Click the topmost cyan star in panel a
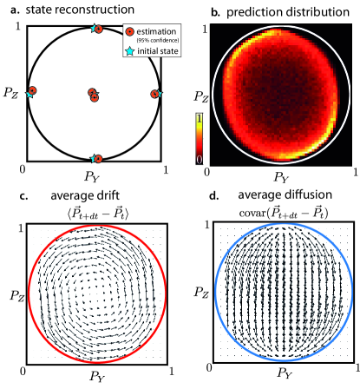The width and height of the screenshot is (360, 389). click(x=93, y=29)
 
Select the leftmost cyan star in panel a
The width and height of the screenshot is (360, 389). click(x=30, y=92)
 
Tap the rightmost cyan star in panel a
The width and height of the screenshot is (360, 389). click(x=157, y=93)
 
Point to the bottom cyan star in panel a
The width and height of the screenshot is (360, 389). click(x=93, y=159)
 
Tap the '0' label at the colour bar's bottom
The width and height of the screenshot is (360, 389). click(x=198, y=161)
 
